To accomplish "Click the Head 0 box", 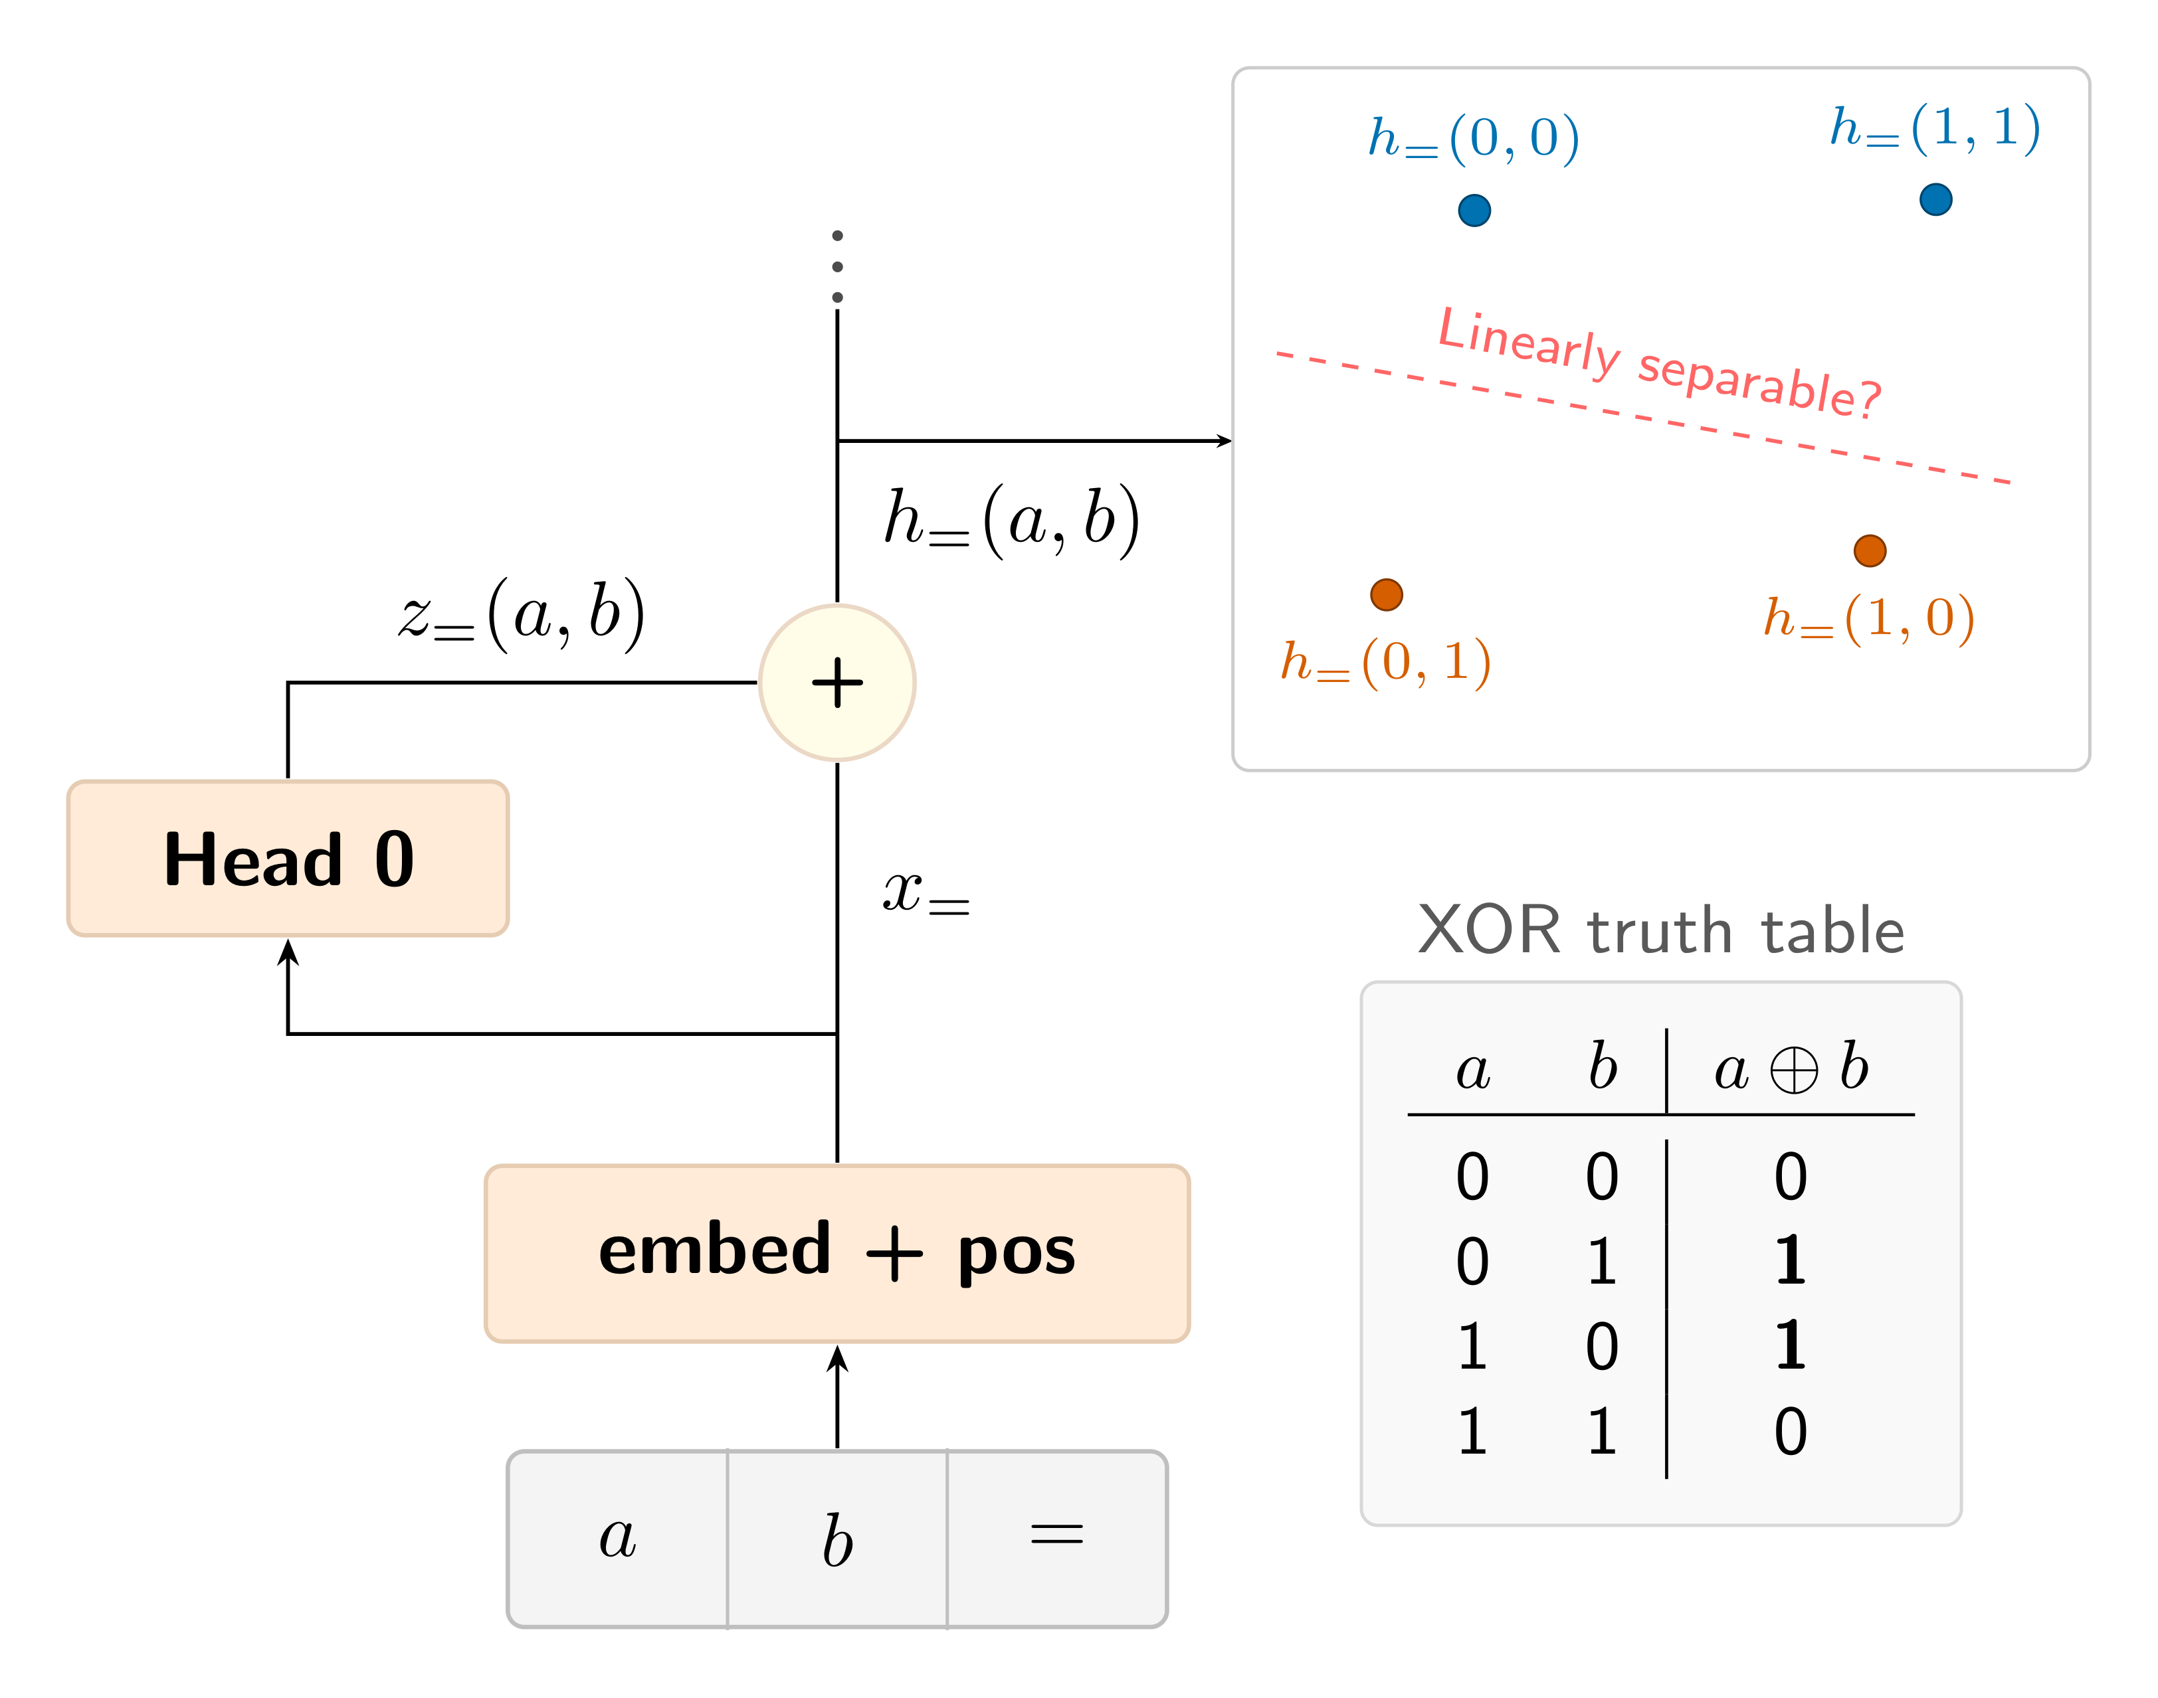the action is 288,858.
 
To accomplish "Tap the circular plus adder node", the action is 836,683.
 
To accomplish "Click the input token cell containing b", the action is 836,1539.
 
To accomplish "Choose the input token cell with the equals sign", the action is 1056,1539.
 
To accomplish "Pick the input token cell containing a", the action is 617,1539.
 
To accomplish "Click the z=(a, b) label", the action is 522,614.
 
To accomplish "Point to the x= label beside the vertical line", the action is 926,892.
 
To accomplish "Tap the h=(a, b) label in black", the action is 1013,520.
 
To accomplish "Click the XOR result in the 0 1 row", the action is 1790,1260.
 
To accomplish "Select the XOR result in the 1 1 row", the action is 1790,1432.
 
